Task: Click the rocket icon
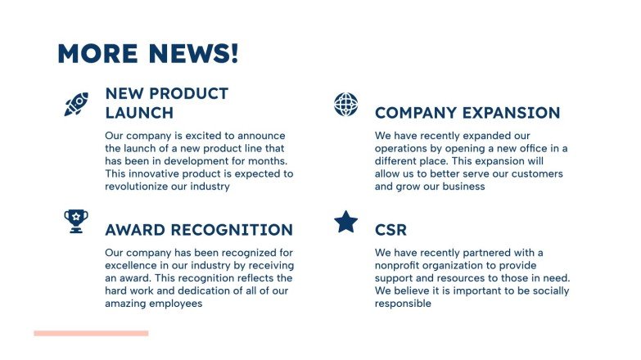click(76, 104)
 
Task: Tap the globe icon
click(346, 105)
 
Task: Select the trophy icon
click(76, 221)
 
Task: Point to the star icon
click(346, 222)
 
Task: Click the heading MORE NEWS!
click(148, 54)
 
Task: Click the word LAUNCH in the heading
click(139, 113)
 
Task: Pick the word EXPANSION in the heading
click(512, 113)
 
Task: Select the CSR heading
click(390, 230)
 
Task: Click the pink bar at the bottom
click(91, 333)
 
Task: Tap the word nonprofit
click(400, 265)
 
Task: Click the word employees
click(175, 304)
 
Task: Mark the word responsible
click(403, 304)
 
